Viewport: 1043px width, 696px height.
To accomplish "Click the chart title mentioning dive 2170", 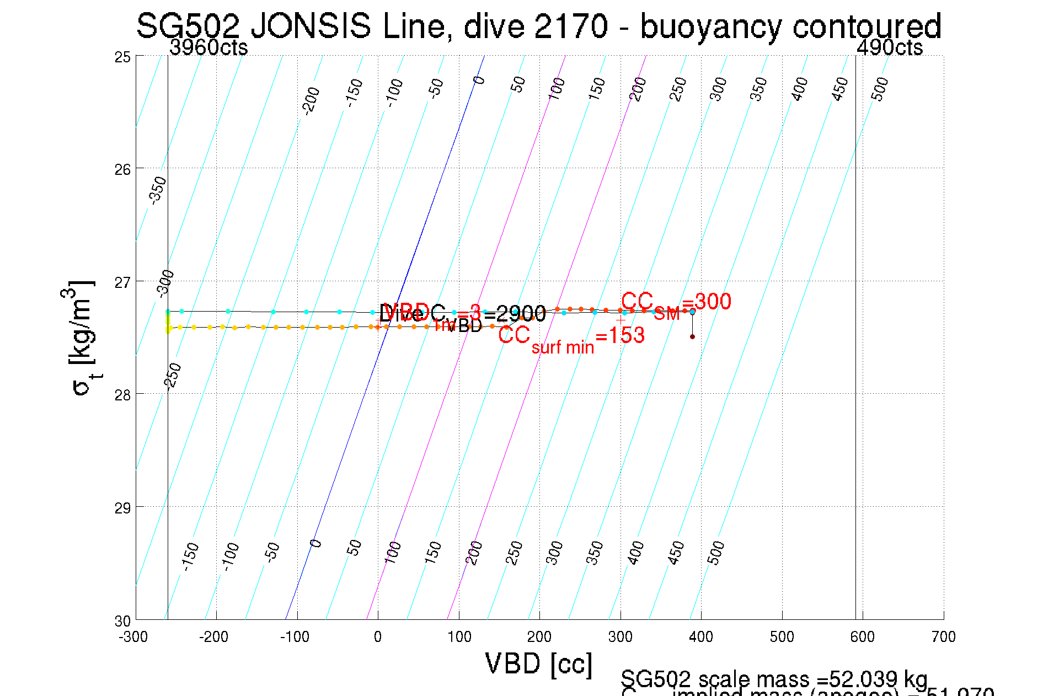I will (x=538, y=26).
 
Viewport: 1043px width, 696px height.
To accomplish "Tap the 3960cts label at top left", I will (x=208, y=48).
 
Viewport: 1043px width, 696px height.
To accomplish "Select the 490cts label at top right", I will (x=889, y=48).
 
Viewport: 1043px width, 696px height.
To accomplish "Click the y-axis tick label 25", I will (x=122, y=57).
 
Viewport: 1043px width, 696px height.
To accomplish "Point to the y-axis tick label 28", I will (x=122, y=395).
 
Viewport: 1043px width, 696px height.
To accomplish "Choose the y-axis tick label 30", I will (x=122, y=621).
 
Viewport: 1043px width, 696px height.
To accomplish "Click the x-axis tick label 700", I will (x=943, y=638).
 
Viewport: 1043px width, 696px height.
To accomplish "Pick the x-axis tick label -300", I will (x=133, y=638).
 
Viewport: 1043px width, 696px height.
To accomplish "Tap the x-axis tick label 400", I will (x=701, y=638).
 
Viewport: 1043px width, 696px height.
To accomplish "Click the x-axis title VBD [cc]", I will (x=538, y=663).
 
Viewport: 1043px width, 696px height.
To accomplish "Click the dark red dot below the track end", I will (x=692, y=336).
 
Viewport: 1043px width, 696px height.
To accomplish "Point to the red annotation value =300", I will (x=707, y=302).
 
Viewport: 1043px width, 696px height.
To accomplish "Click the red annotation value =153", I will (x=620, y=335).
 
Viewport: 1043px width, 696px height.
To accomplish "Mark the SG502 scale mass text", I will (x=773, y=679).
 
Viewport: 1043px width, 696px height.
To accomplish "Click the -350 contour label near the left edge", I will (x=158, y=190).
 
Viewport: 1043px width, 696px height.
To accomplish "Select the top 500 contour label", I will (x=880, y=89).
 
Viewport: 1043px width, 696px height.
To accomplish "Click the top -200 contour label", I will (x=311, y=100).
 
